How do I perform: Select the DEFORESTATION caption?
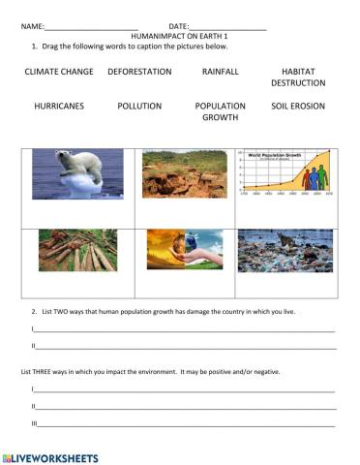tap(139, 72)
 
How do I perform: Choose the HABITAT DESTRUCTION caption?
tap(298, 77)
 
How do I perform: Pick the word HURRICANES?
tap(58, 106)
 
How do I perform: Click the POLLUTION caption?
tap(139, 106)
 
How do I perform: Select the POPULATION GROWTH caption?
tap(221, 111)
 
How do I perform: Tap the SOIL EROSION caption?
tap(298, 106)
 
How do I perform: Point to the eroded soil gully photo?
tap(184, 174)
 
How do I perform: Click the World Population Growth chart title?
tap(277, 154)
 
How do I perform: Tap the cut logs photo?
tap(77, 250)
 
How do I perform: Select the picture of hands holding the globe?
tap(184, 250)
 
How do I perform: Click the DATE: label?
tap(179, 26)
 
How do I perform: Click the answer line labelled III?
tap(184, 424)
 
